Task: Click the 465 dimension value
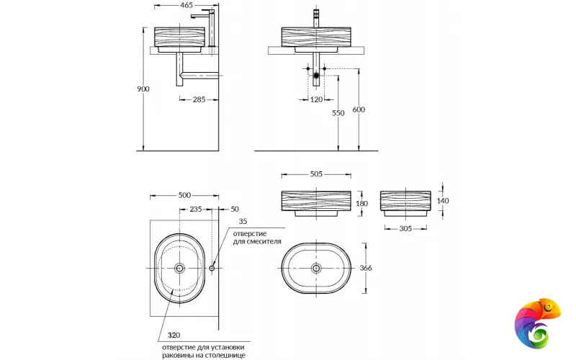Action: (x=186, y=5)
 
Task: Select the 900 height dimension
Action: (x=143, y=89)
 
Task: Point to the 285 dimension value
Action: (x=200, y=99)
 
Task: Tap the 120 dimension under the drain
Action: (x=316, y=99)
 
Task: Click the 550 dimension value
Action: (x=338, y=114)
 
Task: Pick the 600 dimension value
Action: (x=359, y=110)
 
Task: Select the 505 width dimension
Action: (x=315, y=174)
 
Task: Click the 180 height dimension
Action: (x=361, y=204)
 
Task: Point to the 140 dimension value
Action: (x=442, y=201)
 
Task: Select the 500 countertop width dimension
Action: (x=184, y=196)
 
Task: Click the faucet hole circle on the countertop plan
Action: (x=212, y=268)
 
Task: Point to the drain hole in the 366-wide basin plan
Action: (x=315, y=268)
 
